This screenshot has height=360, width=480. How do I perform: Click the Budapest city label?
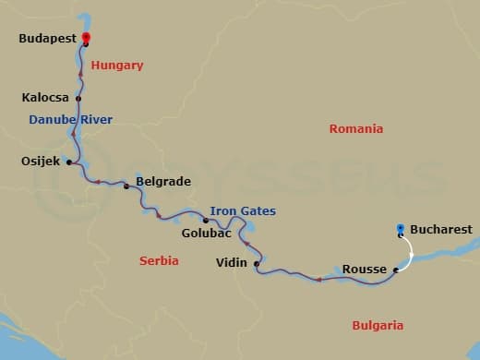click(47, 40)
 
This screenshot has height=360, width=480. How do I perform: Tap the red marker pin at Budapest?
click(86, 38)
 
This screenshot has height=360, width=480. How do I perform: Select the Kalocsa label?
click(46, 97)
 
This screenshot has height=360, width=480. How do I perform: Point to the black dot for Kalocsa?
click(78, 98)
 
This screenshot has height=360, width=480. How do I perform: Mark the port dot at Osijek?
click(69, 162)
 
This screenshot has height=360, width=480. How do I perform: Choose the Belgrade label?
click(162, 182)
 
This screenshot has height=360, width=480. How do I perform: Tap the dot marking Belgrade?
click(126, 186)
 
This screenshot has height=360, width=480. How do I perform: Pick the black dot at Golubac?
click(206, 220)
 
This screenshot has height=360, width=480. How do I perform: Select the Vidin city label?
click(231, 263)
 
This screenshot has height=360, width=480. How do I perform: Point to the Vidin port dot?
click(256, 264)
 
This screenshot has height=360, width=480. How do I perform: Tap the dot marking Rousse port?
click(395, 270)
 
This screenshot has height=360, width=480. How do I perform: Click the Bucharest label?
click(440, 229)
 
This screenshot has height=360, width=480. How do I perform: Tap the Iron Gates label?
click(243, 211)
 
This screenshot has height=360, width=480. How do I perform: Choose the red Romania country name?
click(355, 129)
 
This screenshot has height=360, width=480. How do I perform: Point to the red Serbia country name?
click(159, 261)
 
